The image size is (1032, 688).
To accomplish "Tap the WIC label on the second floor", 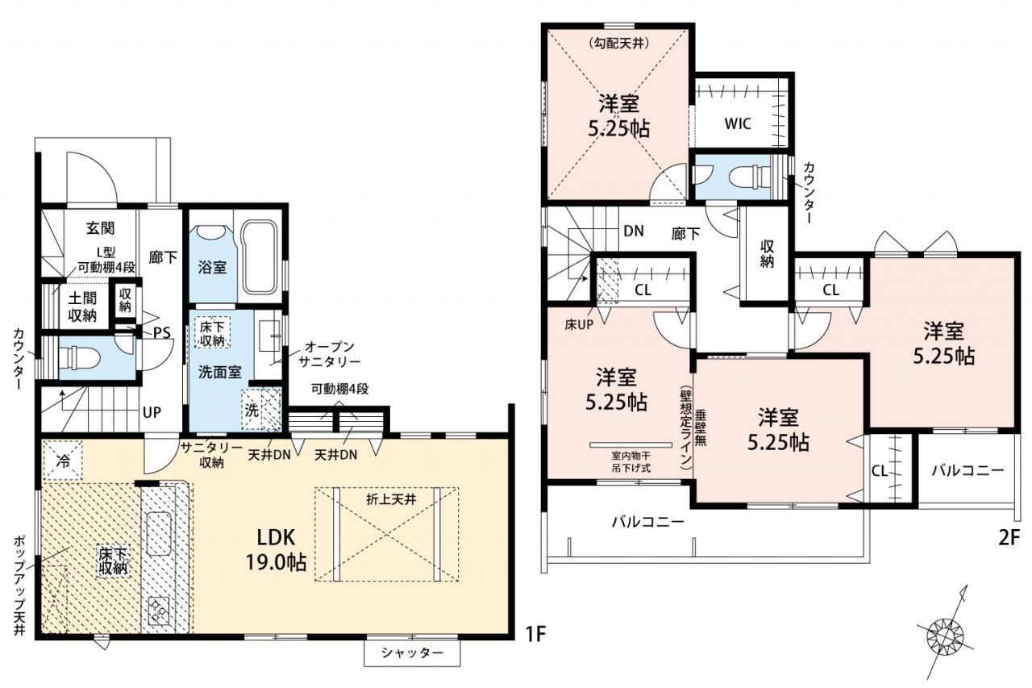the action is coord(738,123).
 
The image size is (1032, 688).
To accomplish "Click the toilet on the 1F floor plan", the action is coord(80,358).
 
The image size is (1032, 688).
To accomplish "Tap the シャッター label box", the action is coord(412,653).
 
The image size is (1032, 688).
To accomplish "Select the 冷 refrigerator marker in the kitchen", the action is coord(63,461).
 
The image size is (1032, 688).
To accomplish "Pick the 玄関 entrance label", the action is coord(100,227).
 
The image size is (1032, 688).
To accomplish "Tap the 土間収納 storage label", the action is coord(82,307).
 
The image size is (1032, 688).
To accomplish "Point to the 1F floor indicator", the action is coord(535,635).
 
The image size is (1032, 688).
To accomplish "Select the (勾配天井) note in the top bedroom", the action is coord(618,44).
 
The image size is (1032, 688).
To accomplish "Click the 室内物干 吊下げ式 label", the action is coord(630,462).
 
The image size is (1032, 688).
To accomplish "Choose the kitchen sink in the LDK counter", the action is coord(159,535).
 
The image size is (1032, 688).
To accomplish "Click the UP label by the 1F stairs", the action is coord(152,412).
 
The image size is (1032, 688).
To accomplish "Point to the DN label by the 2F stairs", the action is coord(634,231).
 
